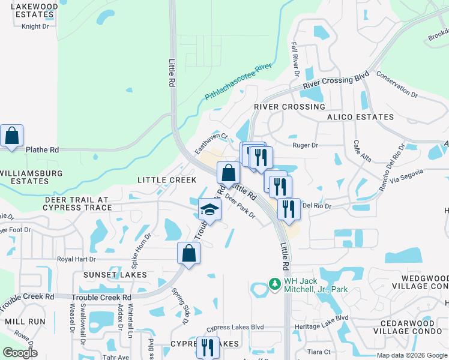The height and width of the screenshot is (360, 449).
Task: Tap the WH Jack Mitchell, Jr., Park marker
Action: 274,283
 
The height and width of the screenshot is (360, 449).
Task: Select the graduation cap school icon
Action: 209,210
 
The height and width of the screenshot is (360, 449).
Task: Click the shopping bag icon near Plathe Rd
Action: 12,136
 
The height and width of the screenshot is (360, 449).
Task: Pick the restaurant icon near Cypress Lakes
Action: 208,347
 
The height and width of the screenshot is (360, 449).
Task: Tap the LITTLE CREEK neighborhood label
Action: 167,180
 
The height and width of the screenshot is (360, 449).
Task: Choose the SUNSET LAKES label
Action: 110,275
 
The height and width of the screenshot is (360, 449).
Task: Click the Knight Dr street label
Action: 35,26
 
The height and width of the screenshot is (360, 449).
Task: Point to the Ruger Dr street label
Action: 305,145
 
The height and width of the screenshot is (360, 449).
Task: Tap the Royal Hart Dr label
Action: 76,259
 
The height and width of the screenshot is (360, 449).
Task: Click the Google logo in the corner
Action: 20,352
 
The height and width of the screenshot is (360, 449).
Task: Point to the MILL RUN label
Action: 25,322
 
